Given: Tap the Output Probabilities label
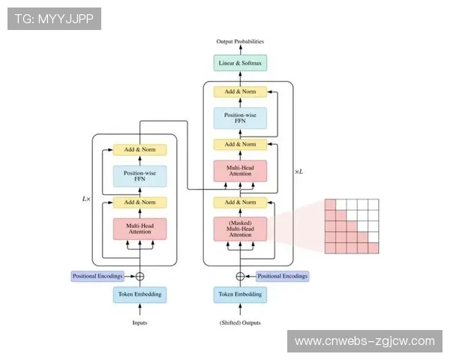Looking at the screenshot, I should pyautogui.click(x=240, y=41).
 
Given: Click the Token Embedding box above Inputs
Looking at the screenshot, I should pyautogui.click(x=139, y=295).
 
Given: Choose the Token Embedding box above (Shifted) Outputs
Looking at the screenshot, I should pyautogui.click(x=240, y=295).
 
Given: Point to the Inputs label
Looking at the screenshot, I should pyautogui.click(x=139, y=323).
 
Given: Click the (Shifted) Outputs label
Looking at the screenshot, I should pyautogui.click(x=240, y=323).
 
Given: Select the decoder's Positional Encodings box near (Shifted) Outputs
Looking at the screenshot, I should pyautogui.click(x=283, y=276).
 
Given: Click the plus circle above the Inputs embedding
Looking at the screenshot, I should pyautogui.click(x=139, y=276).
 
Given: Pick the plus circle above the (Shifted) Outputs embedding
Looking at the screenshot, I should pyautogui.click(x=240, y=276).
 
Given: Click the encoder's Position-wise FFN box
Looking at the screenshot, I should pyautogui.click(x=139, y=176).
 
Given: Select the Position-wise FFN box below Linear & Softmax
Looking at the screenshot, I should pyautogui.click(x=240, y=118).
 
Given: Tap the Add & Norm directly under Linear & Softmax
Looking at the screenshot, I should pyautogui.click(x=240, y=91).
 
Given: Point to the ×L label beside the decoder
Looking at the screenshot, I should pyautogui.click(x=298, y=172).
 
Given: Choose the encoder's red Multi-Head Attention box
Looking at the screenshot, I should pyautogui.click(x=139, y=229).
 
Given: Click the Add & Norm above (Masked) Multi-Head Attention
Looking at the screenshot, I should pyautogui.click(x=240, y=202).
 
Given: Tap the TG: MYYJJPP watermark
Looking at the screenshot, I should pyautogui.click(x=54, y=18).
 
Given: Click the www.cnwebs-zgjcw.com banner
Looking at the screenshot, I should pyautogui.click(x=364, y=341).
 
